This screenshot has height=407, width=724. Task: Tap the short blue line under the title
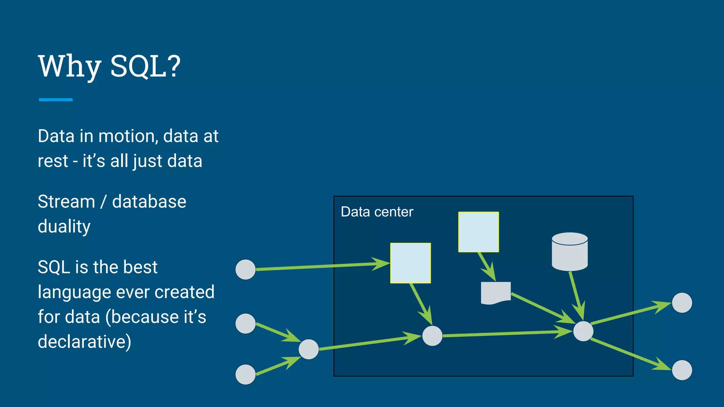56,100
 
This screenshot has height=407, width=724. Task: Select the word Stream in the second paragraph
66,202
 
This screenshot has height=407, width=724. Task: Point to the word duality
64,227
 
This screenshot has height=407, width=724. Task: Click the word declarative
84,342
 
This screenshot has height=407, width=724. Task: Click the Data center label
377,212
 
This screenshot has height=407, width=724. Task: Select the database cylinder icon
570,252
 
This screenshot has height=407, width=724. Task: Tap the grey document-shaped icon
496,293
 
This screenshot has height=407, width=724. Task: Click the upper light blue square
478,232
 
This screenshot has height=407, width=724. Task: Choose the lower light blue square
410,263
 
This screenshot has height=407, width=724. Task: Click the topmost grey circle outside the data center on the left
245,270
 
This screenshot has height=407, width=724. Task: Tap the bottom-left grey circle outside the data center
245,374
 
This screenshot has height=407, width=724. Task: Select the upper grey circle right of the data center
682,303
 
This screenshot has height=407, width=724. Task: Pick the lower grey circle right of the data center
682,370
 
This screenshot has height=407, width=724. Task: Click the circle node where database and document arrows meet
583,331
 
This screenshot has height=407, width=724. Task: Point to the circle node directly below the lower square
432,336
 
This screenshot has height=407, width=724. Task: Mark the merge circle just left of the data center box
309,349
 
